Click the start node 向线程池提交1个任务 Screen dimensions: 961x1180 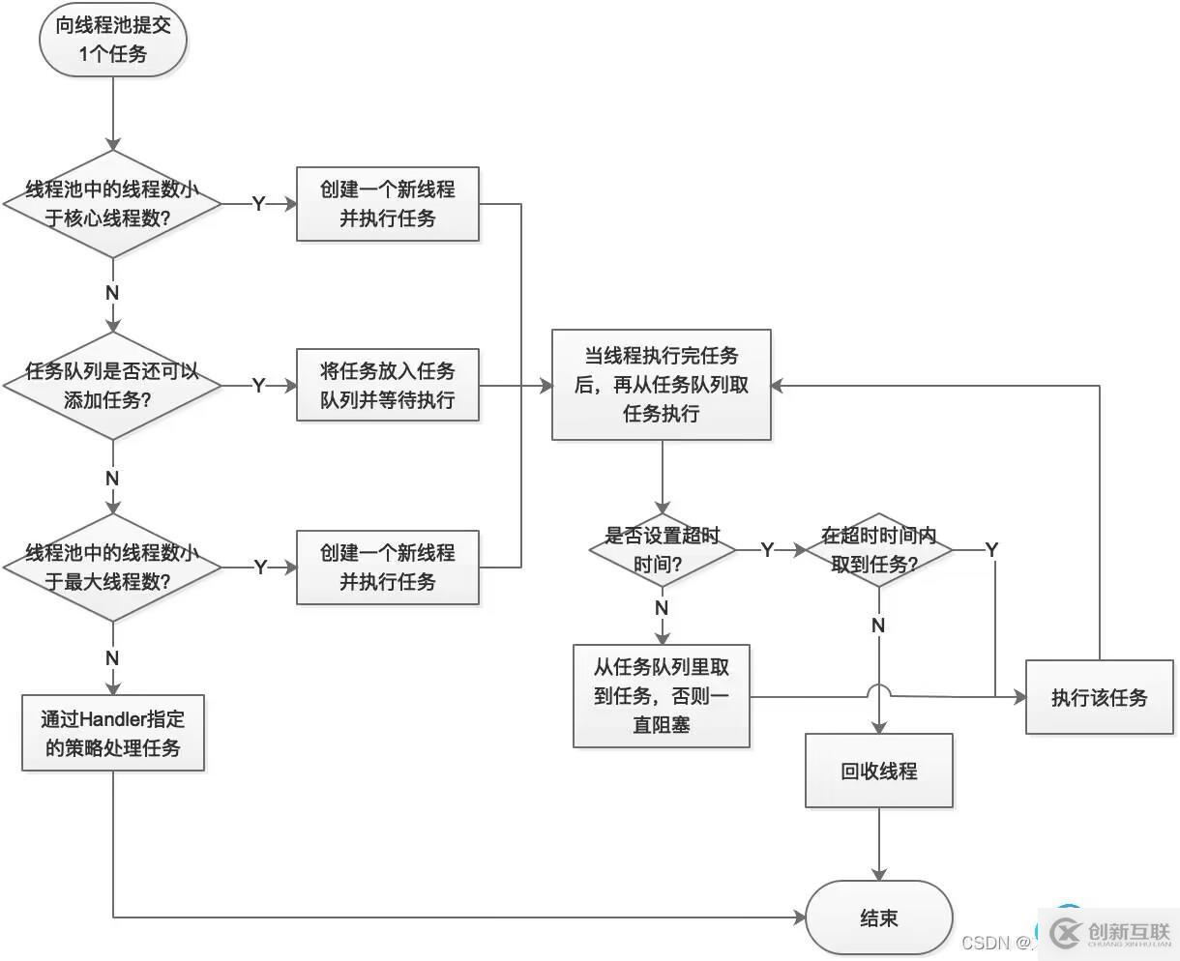coord(113,40)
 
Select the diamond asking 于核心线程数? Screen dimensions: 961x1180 coord(113,204)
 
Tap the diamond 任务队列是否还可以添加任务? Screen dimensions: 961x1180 coord(113,386)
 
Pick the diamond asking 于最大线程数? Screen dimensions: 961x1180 coord(113,568)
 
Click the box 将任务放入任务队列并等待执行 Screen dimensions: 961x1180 coord(388,386)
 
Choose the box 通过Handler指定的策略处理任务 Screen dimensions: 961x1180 coord(113,733)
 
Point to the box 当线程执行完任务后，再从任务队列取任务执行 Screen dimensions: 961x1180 coord(662,385)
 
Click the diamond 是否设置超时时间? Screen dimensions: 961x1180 coord(663,550)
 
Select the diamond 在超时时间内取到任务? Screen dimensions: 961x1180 coord(878,550)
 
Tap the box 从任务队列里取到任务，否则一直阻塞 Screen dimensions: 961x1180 coord(662,696)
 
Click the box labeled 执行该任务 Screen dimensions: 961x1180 coord(1100,697)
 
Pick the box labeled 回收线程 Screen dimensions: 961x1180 coord(879,771)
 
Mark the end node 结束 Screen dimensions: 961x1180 coord(879,917)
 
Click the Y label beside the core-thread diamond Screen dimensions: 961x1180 coord(259,204)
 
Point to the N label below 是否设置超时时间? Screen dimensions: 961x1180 coord(662,608)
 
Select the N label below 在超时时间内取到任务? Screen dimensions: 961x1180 coord(878,626)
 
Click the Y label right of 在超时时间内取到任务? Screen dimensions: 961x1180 coord(991,549)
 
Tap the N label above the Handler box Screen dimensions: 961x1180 coord(112,658)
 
